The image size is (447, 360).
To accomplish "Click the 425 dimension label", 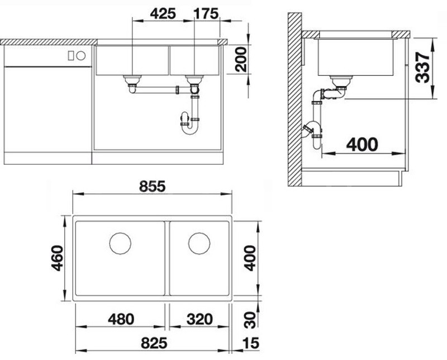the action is (x=163, y=13).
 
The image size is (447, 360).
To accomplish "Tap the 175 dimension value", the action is (x=206, y=13).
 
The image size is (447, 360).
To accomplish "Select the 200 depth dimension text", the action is (x=241, y=60).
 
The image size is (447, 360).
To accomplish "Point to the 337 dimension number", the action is (x=422, y=68).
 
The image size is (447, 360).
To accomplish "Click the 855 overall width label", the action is (x=152, y=186).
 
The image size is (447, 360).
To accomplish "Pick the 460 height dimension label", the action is (x=58, y=258).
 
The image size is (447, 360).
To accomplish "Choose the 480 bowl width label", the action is (x=121, y=319).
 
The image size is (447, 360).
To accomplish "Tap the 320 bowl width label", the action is (x=199, y=319).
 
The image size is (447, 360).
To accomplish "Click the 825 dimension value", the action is (x=154, y=343).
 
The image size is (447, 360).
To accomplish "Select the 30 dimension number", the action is (x=250, y=320).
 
